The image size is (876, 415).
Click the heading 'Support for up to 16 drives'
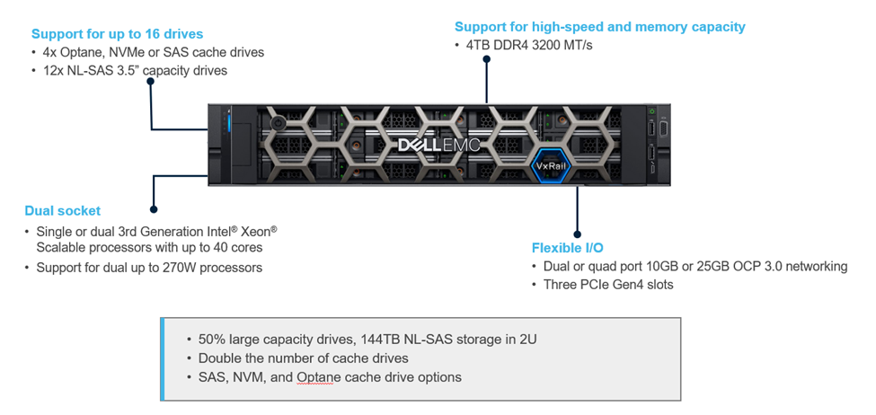tap(117, 34)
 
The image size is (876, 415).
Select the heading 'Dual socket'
tap(62, 211)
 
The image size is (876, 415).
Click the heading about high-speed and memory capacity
tap(599, 27)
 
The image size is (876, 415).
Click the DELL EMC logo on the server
tap(439, 145)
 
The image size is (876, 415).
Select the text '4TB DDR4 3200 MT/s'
tap(529, 45)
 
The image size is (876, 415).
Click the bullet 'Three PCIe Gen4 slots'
tap(607, 285)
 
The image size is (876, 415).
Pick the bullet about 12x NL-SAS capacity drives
tap(135, 70)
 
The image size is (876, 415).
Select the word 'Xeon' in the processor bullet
tap(251, 232)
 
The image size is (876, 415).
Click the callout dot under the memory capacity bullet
tap(487, 60)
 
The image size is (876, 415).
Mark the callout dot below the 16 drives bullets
tap(151, 81)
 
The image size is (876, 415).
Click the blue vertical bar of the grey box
tap(162, 358)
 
